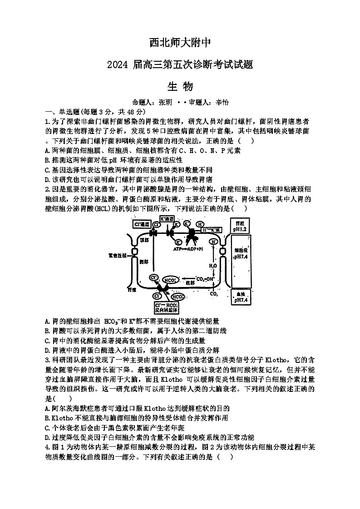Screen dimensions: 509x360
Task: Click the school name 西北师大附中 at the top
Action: pyautogui.click(x=180, y=43)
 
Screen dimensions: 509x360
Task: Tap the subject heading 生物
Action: pyautogui.click(x=180, y=86)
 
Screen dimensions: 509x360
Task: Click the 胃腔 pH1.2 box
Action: pyautogui.click(x=240, y=227)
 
